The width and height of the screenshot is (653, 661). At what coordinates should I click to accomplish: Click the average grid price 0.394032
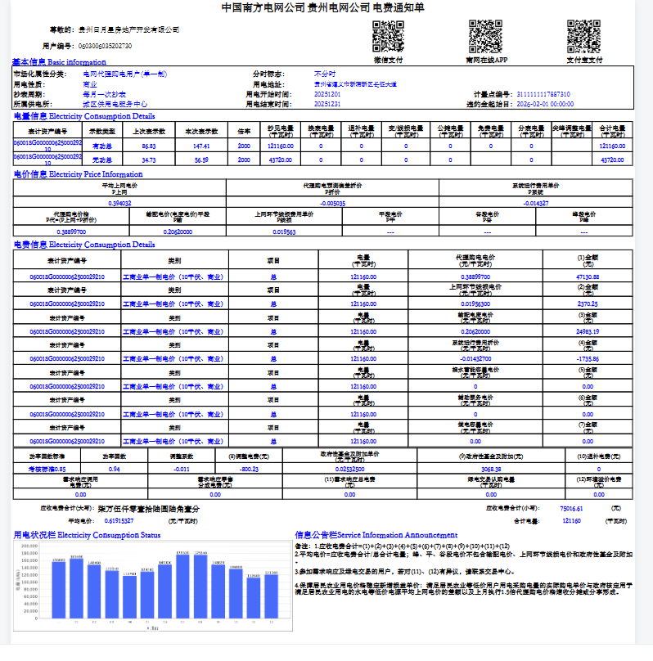pyautogui.click(x=120, y=202)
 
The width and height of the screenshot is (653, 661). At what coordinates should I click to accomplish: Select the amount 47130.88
pyautogui.click(x=588, y=277)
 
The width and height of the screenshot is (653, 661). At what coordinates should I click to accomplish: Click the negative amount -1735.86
pyautogui.click(x=588, y=358)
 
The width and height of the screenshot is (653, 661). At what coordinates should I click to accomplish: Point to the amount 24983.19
pyautogui.click(x=588, y=331)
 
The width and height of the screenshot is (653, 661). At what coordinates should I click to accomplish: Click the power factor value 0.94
pyautogui.click(x=115, y=469)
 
